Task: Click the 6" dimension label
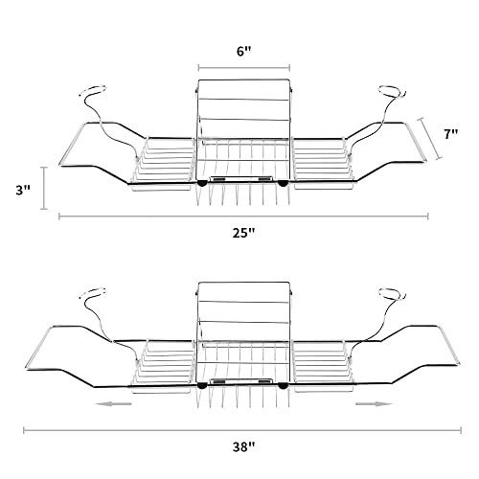244,51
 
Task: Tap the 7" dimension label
451,134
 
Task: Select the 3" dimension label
23,191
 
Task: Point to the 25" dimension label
244,233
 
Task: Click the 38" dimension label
244,447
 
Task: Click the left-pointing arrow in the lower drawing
113,404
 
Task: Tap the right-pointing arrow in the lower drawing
374,404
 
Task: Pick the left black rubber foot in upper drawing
202,183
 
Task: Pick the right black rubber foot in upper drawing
283,183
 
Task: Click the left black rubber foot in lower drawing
202,386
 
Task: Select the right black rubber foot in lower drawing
283,386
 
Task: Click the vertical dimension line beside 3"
44,188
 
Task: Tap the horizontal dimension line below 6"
244,68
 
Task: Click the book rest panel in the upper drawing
244,110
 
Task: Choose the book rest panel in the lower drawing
244,313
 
